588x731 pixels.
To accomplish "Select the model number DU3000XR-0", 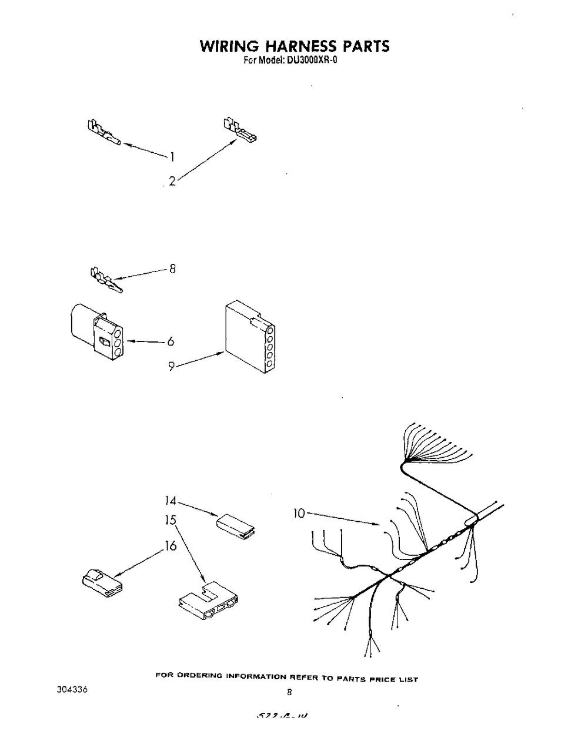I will (312, 59).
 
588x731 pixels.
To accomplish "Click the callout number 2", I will (172, 182).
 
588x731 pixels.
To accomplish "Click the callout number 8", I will (172, 270).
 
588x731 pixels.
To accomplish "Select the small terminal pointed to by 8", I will (105, 281).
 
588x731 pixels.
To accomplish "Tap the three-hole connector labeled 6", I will (96, 333).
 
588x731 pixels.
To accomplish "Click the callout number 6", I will (172, 341).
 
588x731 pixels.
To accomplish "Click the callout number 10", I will (299, 514).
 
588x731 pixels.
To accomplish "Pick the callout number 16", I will (171, 546).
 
